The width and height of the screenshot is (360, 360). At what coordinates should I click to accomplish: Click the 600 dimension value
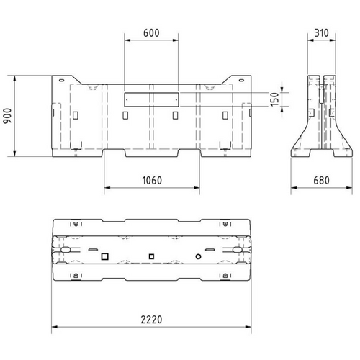pos(150,33)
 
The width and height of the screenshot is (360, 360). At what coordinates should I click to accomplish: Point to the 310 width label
pos(322,33)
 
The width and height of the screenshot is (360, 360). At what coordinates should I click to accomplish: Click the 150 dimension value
pos(274,99)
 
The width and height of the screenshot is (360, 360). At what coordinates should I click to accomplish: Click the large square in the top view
pos(104,256)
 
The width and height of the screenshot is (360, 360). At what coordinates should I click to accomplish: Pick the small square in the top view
pos(151,256)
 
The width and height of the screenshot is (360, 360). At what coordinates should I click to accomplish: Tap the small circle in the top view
pos(198,256)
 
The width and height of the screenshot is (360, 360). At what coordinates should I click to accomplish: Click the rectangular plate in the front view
pos(150,99)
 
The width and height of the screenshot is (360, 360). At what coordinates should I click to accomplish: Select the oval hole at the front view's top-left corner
pos(62,79)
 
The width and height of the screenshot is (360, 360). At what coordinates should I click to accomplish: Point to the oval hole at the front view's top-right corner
pos(240,79)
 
